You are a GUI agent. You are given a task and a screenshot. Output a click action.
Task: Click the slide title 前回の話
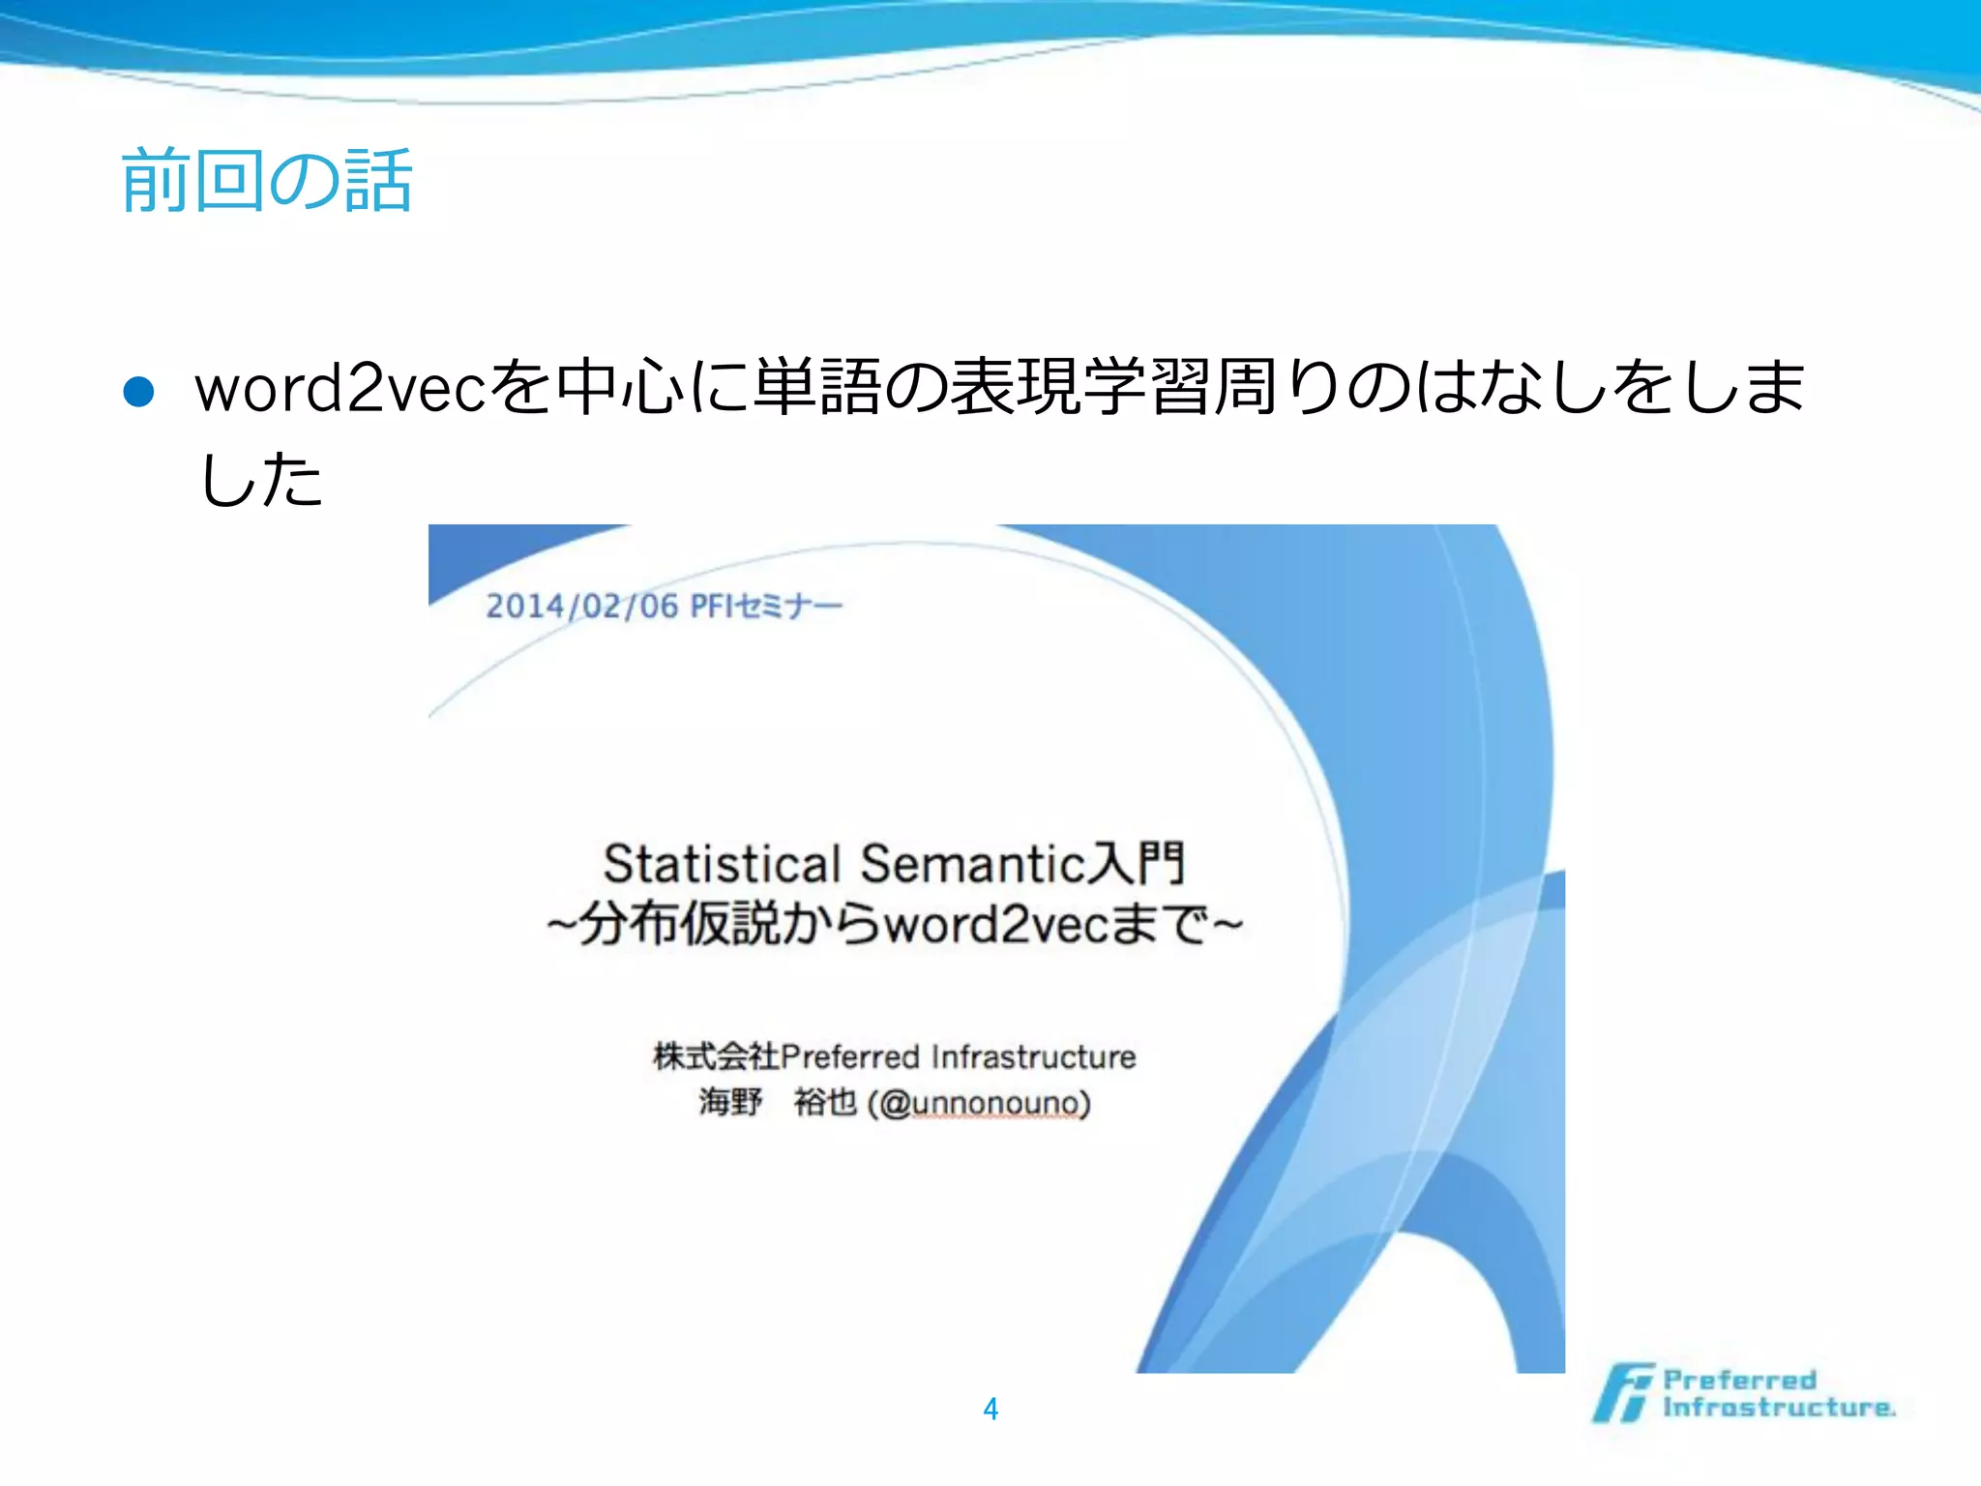(x=267, y=181)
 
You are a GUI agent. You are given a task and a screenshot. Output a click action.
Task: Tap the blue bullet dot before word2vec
(x=139, y=392)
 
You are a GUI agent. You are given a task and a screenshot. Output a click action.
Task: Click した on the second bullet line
(x=259, y=478)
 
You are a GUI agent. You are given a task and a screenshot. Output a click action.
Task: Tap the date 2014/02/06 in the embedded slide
(x=581, y=607)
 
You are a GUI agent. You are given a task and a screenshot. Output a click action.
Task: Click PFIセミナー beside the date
(x=765, y=607)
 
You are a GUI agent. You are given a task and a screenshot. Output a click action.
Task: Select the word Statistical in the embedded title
(x=722, y=864)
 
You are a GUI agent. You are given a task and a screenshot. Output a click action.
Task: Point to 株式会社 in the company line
(x=716, y=1056)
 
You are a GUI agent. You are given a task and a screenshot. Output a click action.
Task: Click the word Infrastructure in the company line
(x=1033, y=1056)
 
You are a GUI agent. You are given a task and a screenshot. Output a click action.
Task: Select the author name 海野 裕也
(x=778, y=1103)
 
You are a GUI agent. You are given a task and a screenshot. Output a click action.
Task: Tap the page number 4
(x=990, y=1409)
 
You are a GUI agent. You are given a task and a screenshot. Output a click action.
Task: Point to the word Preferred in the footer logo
(x=1739, y=1380)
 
